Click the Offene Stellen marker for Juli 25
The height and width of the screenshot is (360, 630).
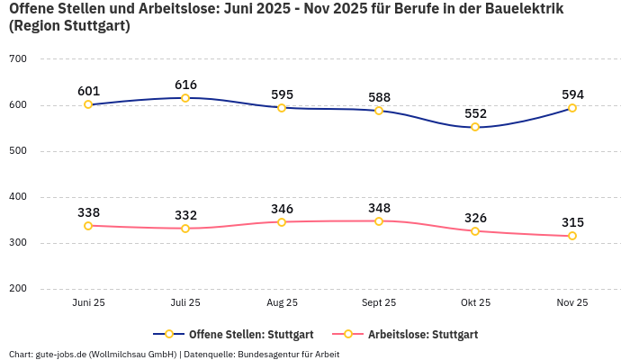[185, 98]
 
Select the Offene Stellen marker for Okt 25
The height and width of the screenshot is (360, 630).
[475, 127]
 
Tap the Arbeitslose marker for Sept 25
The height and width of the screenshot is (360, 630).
[379, 220]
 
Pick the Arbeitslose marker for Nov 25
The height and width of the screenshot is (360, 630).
[572, 236]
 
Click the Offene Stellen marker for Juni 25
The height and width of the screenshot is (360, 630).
[88, 104]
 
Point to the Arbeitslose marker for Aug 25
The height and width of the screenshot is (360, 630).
[282, 221]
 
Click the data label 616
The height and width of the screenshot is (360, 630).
[185, 85]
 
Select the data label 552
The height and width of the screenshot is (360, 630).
[475, 113]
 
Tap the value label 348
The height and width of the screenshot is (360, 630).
[379, 208]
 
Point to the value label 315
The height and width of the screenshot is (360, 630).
[572, 222]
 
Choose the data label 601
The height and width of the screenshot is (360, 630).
[88, 91]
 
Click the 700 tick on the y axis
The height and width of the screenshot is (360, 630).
[18, 59]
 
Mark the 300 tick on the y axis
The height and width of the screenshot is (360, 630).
[18, 243]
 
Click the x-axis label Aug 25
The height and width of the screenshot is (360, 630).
[282, 302]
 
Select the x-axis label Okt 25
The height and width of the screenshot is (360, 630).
[475, 302]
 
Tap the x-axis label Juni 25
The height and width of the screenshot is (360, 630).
[88, 302]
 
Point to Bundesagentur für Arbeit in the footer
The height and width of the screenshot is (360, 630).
[288, 354]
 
